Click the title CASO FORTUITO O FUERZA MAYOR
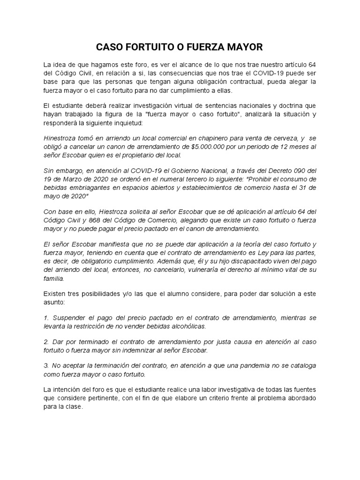click(x=180, y=47)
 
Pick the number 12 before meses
click(x=272, y=147)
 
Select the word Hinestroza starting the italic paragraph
click(x=61, y=138)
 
